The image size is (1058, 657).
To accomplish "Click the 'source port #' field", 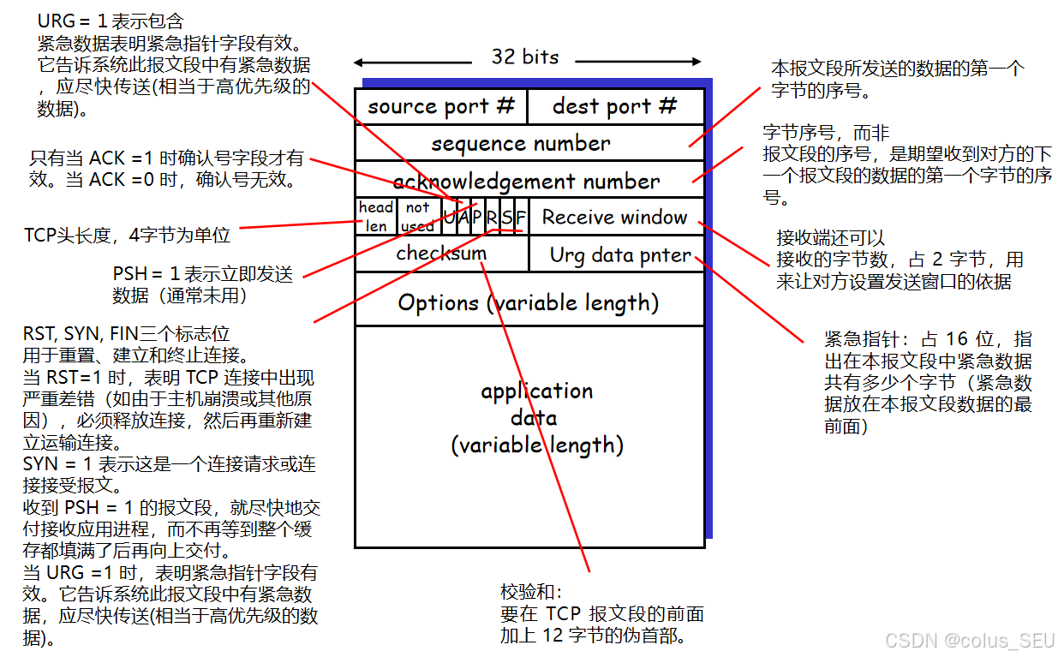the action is tap(441, 106).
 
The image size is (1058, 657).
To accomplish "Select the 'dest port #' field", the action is tap(615, 106).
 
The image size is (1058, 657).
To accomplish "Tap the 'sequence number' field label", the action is tap(521, 143).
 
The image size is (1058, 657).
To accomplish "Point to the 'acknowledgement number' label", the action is tap(526, 181).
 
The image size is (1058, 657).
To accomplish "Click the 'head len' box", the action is tap(376, 217).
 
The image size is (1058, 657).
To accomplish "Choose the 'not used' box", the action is tap(417, 217).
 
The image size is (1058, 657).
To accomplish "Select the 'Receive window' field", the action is tap(614, 218).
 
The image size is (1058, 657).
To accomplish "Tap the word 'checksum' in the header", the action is tap(441, 253).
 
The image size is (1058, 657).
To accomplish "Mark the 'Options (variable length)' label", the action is tap(529, 302).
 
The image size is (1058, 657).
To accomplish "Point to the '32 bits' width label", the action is tap(525, 57).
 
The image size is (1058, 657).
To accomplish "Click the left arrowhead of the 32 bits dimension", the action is tap(359, 63).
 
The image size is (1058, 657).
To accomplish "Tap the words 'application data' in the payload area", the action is tap(536, 404).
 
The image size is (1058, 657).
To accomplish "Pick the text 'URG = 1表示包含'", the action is tap(111, 21).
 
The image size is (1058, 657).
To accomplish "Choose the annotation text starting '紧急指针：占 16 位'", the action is tap(927, 338).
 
